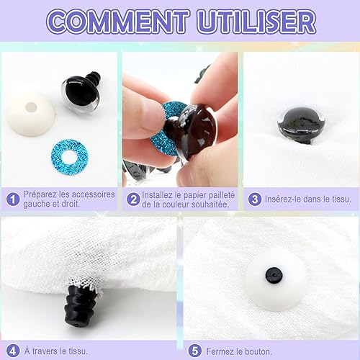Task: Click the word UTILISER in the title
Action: [x=256, y=21]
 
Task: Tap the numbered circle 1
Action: [x=13, y=199]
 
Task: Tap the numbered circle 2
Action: [x=133, y=199]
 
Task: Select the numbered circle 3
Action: [x=255, y=199]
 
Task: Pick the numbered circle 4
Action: [x=13, y=351]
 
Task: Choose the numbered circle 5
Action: [x=194, y=351]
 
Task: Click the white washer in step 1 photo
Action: [x=31, y=113]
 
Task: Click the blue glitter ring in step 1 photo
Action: [x=70, y=157]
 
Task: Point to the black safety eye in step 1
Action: [x=81, y=91]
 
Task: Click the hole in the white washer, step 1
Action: [x=31, y=107]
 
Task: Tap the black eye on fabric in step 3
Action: [x=301, y=127]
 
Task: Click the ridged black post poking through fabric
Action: [x=81, y=303]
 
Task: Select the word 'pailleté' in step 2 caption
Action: [x=221, y=195]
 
